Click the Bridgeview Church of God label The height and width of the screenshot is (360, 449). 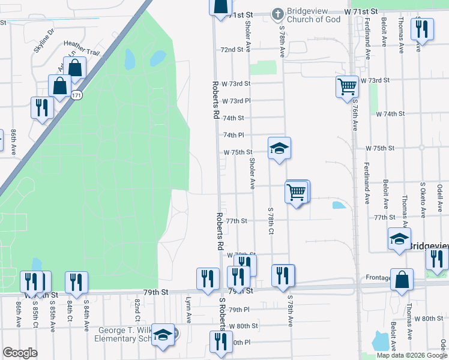(313, 16)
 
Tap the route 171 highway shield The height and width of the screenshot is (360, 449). (76, 95)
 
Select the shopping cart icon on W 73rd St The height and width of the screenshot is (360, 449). (347, 87)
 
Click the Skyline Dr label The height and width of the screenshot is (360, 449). (44, 40)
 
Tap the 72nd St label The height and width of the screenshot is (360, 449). (232, 50)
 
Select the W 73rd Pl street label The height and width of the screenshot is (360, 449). (236, 101)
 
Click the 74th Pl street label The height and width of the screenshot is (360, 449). (234, 136)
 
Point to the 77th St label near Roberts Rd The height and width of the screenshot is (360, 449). (237, 221)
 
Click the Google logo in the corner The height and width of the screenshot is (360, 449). (20, 353)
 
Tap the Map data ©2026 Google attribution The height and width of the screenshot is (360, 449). (411, 355)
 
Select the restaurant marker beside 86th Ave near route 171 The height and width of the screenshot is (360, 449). (42, 108)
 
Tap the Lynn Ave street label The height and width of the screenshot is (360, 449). (188, 311)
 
